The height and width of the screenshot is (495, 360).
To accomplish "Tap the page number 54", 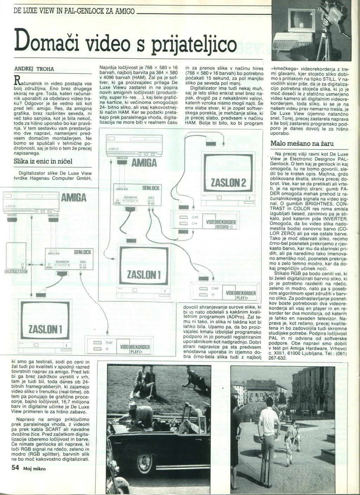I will point(15,467).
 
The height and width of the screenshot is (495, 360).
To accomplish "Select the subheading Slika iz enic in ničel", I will point(43,161).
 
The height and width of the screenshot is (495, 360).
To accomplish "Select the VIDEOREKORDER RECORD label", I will point(221,224).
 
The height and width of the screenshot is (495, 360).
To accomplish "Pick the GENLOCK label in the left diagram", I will point(82,252).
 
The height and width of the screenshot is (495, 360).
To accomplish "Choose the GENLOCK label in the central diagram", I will point(151,188).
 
